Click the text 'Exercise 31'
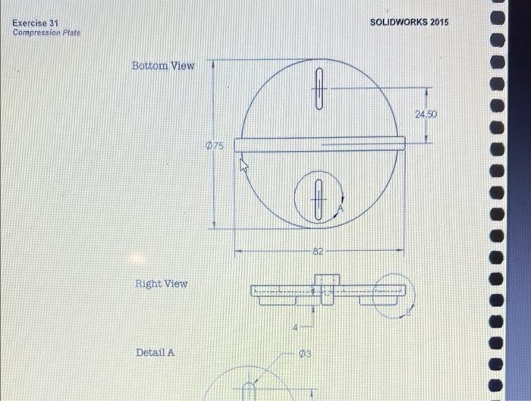(x=35, y=23)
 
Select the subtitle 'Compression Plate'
(x=46, y=33)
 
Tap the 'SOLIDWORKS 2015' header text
(x=409, y=21)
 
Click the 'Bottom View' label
(x=163, y=66)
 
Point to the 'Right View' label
(x=161, y=284)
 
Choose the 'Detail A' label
(x=155, y=352)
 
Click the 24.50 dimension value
(x=426, y=114)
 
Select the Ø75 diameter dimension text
(x=215, y=146)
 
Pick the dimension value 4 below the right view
(x=299, y=327)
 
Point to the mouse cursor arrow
(x=244, y=164)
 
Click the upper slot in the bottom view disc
(x=320, y=89)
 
